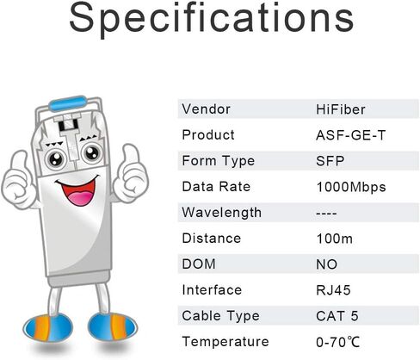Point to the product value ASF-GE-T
click(x=347, y=134)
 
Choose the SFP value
click(x=330, y=160)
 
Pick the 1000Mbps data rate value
click(x=350, y=186)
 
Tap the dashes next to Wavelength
click(x=328, y=212)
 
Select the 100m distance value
click(x=332, y=238)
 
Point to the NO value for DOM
click(x=327, y=264)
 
